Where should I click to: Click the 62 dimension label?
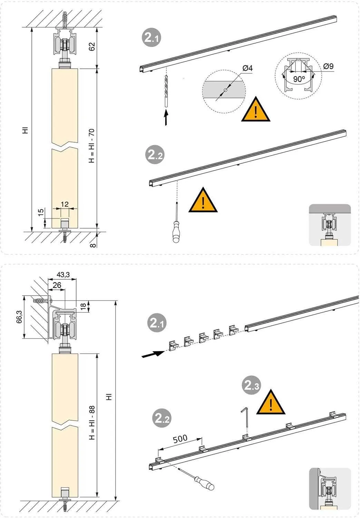tap(92, 47)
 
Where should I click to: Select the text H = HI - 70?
tap(92, 146)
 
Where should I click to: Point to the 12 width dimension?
tap(65, 204)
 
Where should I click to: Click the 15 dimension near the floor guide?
tap(41, 212)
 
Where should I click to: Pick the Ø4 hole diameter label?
tap(247, 68)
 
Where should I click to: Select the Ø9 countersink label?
tap(328, 66)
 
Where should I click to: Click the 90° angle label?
tap(299, 79)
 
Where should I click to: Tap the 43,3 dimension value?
tap(63, 275)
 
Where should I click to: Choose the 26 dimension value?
tap(57, 285)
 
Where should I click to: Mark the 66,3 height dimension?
tap(19, 317)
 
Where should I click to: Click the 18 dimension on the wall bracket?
tap(83, 306)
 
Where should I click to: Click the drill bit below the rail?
tap(166, 92)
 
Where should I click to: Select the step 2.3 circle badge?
tap(251, 385)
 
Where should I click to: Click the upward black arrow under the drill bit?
tap(166, 118)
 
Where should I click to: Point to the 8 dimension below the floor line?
tap(93, 245)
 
